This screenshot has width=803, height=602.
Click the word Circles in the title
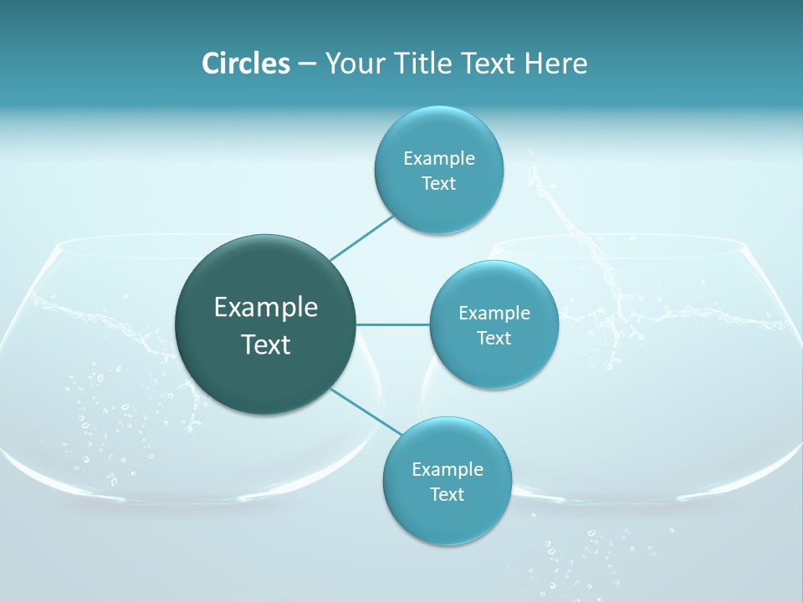point(245,64)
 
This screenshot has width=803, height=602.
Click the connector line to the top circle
point(361,237)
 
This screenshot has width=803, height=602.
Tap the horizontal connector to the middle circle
point(393,324)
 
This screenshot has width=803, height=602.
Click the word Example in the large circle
point(266,308)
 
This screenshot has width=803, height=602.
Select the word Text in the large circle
point(266,344)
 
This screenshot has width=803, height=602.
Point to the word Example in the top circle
point(438,159)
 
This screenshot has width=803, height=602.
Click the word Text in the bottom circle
point(447,494)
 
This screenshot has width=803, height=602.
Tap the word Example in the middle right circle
point(494,314)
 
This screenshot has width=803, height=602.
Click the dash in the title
point(306,64)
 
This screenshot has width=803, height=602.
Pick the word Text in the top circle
point(438,184)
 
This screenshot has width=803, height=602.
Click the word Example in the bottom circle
point(447,470)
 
